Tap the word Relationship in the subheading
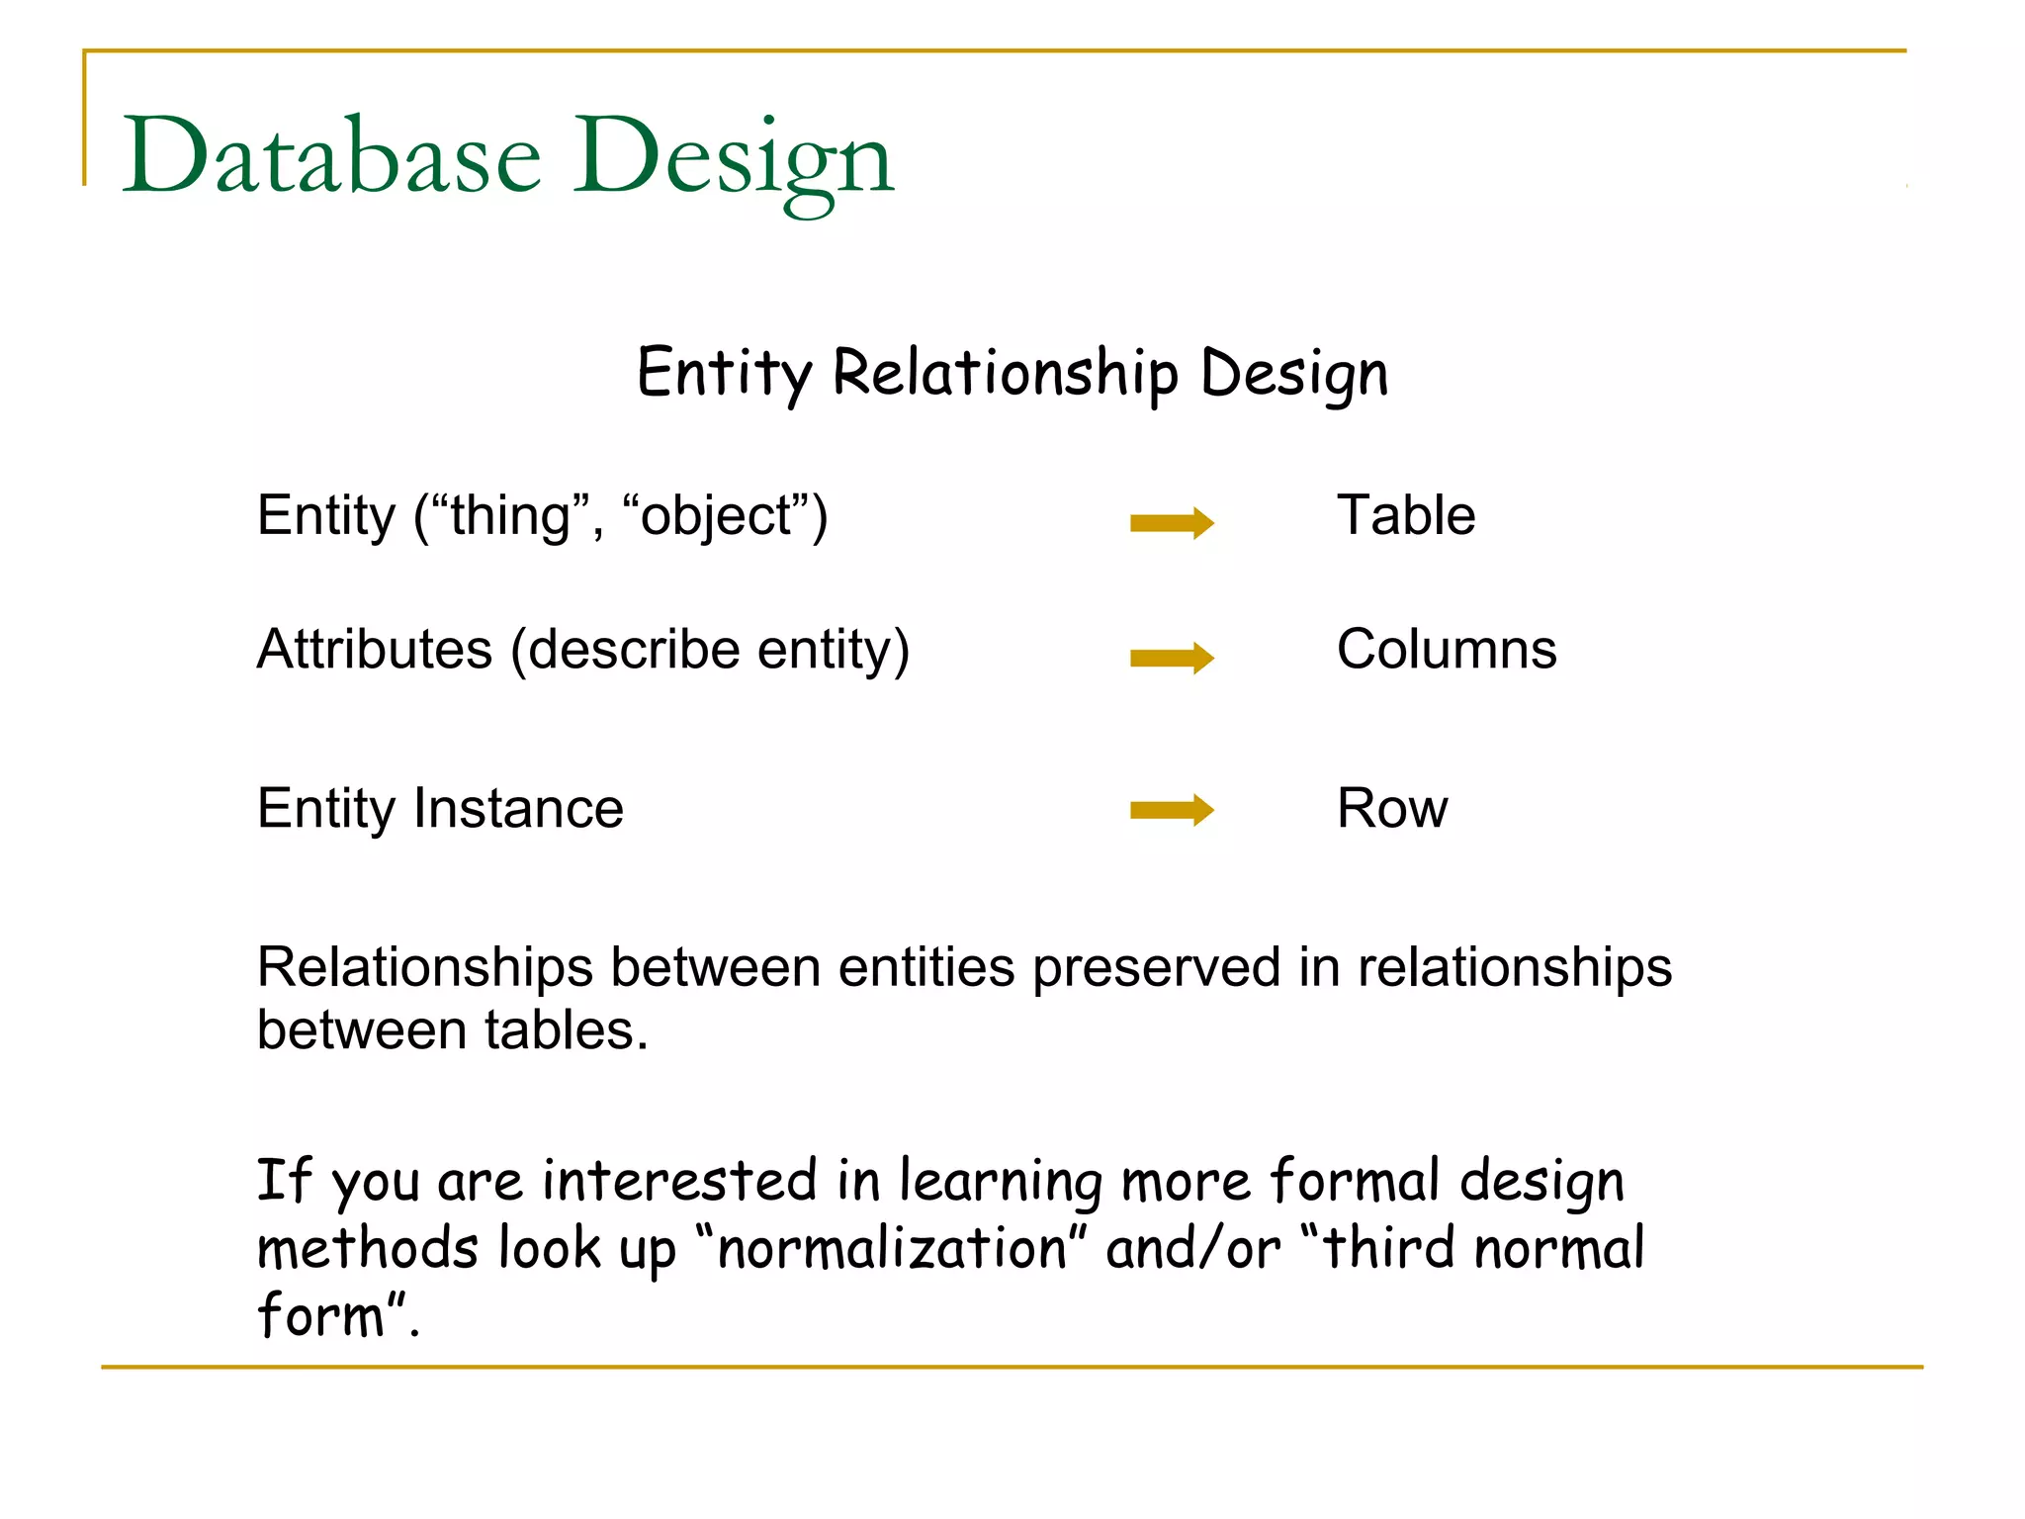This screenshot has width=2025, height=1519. [1006, 374]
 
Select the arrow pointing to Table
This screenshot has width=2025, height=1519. [1172, 522]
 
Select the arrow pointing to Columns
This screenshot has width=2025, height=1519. [1172, 658]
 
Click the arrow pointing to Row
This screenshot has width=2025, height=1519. [1172, 811]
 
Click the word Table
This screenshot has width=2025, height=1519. [1405, 516]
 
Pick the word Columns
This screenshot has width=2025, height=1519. [1446, 651]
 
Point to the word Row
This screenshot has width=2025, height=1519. [1391, 809]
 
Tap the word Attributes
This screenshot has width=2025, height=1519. [374, 651]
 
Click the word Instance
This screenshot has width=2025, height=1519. [518, 809]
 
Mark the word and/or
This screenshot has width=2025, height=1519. [1192, 1248]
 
